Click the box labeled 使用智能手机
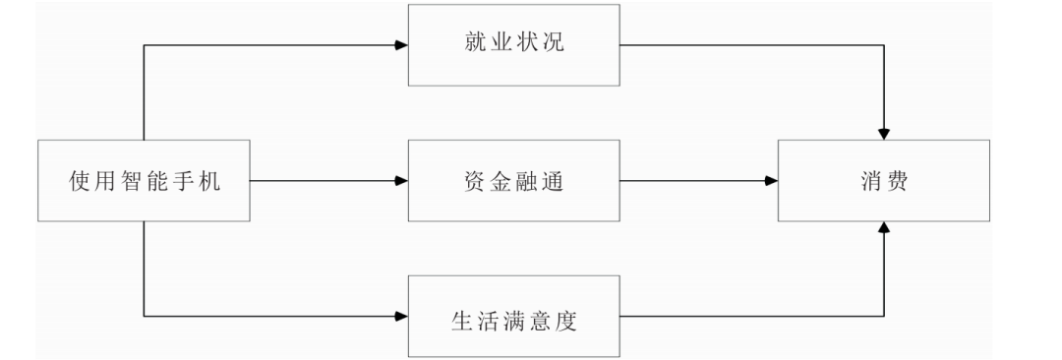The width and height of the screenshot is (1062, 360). point(145,181)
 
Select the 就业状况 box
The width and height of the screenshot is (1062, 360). point(514,46)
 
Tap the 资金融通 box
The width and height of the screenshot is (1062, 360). point(514,181)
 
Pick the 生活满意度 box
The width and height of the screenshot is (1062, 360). point(514,317)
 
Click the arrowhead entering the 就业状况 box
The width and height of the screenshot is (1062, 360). point(401,46)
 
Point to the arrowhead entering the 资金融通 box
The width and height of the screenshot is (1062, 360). point(401,181)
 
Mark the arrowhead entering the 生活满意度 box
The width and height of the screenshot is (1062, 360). point(401,317)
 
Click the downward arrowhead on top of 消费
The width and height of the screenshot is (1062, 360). point(885,134)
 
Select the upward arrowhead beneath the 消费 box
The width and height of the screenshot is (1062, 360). point(885,228)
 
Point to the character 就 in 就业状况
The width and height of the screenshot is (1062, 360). point(475,46)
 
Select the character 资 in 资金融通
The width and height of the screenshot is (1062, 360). point(475,181)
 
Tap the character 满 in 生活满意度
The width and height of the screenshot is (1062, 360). point(514,317)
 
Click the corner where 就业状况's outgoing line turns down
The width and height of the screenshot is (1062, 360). point(885,46)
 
